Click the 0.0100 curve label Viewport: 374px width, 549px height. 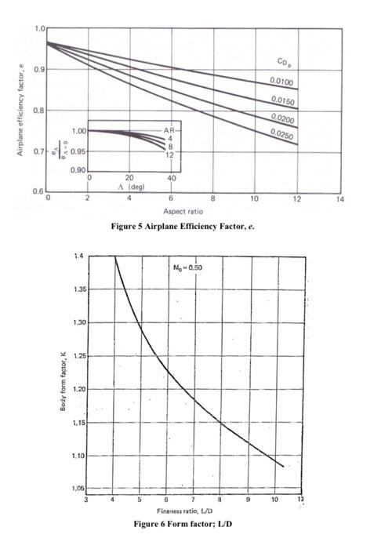pyautogui.click(x=281, y=82)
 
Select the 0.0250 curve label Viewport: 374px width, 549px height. pyautogui.click(x=281, y=134)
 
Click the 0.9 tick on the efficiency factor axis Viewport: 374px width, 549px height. pyautogui.click(x=39, y=69)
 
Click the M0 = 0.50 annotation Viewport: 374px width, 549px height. pyautogui.click(x=187, y=267)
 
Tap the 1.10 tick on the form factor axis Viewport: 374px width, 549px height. pyautogui.click(x=78, y=456)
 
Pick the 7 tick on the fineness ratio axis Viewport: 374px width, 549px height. pyautogui.click(x=193, y=500)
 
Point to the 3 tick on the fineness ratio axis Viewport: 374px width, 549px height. pyautogui.click(x=85, y=500)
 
